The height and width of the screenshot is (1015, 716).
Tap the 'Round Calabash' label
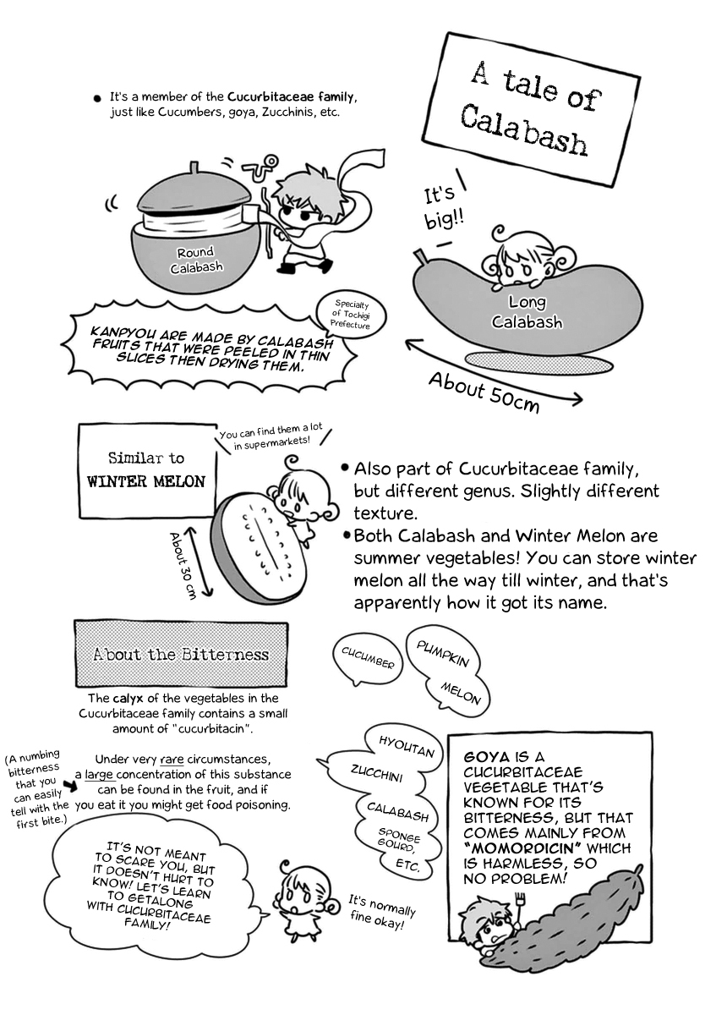(x=196, y=261)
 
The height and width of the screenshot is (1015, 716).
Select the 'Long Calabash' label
(x=527, y=312)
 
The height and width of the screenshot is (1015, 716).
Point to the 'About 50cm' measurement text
(x=484, y=392)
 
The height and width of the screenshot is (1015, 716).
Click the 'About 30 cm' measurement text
(x=181, y=566)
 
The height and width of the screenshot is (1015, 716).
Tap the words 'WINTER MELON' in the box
(x=146, y=481)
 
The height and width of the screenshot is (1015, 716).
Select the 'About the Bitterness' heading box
(x=181, y=654)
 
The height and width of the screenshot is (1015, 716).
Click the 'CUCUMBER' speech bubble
(x=367, y=659)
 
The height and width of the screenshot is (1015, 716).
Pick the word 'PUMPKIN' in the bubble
(x=442, y=655)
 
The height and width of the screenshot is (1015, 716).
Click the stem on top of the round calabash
(x=194, y=168)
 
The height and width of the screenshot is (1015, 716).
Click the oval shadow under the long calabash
(x=539, y=363)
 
